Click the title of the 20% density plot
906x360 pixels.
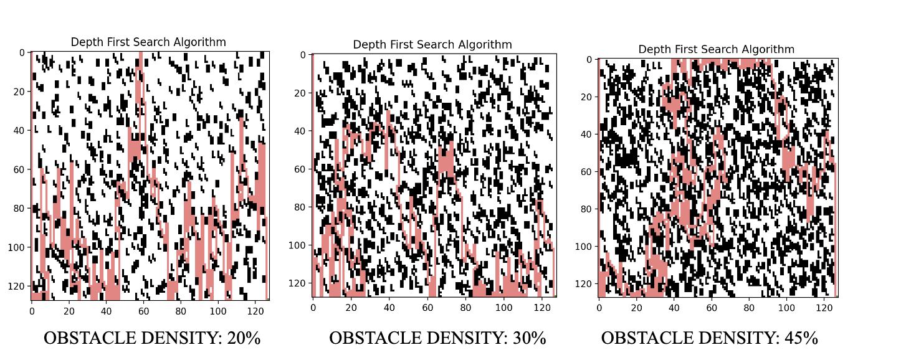click(148, 42)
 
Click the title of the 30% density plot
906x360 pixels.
click(432, 45)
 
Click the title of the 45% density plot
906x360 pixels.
click(717, 49)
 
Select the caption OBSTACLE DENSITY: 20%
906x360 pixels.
click(152, 338)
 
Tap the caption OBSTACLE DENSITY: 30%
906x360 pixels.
click(437, 338)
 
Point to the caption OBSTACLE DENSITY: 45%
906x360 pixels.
click(710, 338)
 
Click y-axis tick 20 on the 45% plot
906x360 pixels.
click(585, 97)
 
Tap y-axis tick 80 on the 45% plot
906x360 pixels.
click(585, 209)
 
